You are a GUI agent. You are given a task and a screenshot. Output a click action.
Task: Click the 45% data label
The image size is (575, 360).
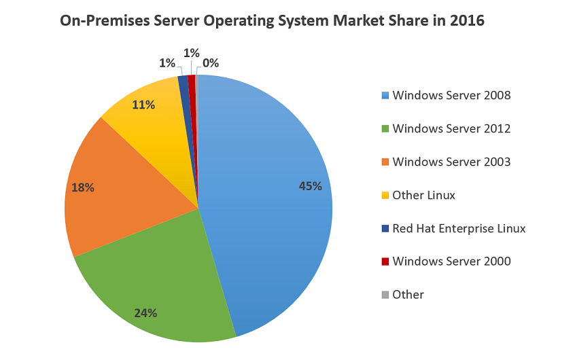tap(310, 185)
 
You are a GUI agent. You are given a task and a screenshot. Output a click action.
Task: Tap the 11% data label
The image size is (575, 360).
tap(143, 105)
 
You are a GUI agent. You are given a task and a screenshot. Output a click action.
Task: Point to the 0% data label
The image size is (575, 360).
tap(211, 63)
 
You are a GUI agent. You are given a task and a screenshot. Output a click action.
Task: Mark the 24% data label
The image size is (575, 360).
tap(145, 313)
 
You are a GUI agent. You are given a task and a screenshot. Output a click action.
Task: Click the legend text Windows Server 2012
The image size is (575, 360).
tap(451, 128)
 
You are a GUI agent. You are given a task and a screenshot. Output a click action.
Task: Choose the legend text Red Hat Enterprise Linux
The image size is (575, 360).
tap(459, 228)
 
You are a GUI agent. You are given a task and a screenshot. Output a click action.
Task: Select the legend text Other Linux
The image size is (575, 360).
tap(423, 195)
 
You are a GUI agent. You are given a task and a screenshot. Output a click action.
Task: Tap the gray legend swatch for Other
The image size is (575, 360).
tap(385, 295)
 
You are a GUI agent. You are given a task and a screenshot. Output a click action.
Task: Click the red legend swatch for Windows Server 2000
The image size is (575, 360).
tap(385, 262)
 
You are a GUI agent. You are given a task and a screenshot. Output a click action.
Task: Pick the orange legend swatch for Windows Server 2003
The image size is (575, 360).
tap(385, 162)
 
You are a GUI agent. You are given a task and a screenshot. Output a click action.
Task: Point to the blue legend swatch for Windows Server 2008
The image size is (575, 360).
tap(385, 95)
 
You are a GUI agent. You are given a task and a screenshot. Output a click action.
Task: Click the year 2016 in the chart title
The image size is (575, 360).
tap(466, 21)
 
